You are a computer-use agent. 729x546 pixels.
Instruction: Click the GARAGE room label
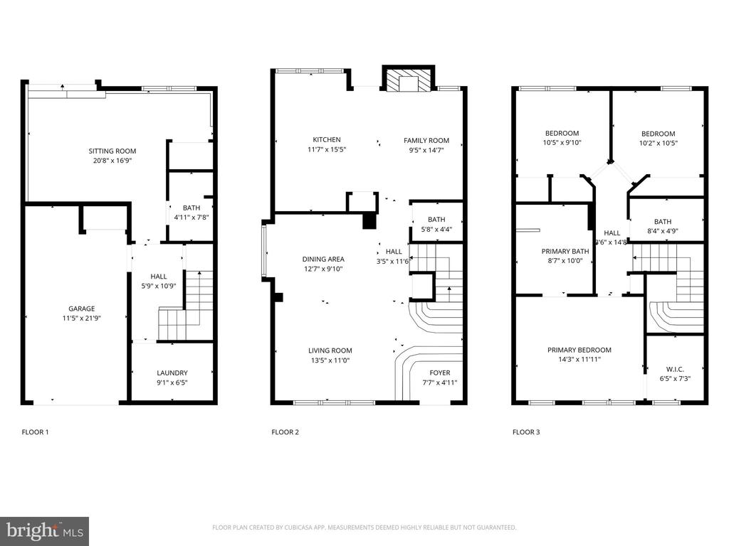82,309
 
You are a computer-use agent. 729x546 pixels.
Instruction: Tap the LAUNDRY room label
172,373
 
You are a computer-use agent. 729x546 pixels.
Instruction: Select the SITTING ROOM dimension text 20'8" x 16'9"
112,161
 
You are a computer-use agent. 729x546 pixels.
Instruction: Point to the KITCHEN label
327,140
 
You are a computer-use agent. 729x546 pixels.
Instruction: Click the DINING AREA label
323,259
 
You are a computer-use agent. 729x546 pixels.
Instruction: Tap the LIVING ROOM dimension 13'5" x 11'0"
330,360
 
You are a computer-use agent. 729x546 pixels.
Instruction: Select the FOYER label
439,373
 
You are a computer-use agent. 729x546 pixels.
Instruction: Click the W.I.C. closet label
675,368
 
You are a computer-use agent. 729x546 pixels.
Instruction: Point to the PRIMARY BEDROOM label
579,350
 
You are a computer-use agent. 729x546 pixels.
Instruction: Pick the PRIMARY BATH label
565,251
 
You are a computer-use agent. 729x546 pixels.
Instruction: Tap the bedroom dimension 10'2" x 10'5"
658,143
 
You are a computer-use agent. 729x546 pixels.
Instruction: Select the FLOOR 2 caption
285,432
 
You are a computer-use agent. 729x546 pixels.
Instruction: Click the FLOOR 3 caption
526,432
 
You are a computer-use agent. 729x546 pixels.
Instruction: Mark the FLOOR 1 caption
35,432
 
